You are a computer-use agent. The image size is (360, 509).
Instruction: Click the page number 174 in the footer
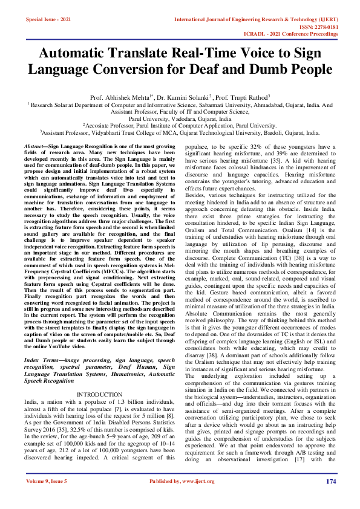tap(331, 498)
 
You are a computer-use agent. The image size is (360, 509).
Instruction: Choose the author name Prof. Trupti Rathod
tap(244, 97)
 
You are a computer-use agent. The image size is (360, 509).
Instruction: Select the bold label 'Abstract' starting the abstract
tap(33, 147)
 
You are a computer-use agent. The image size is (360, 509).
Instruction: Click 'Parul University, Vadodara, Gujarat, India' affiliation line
tap(180, 119)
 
